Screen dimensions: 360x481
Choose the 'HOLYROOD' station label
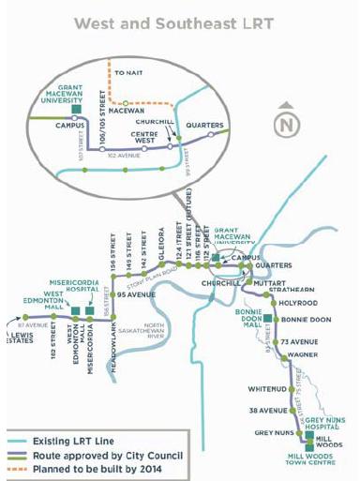click(298, 303)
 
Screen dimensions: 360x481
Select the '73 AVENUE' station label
click(298, 341)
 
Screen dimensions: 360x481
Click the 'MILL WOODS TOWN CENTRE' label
click(315, 460)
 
